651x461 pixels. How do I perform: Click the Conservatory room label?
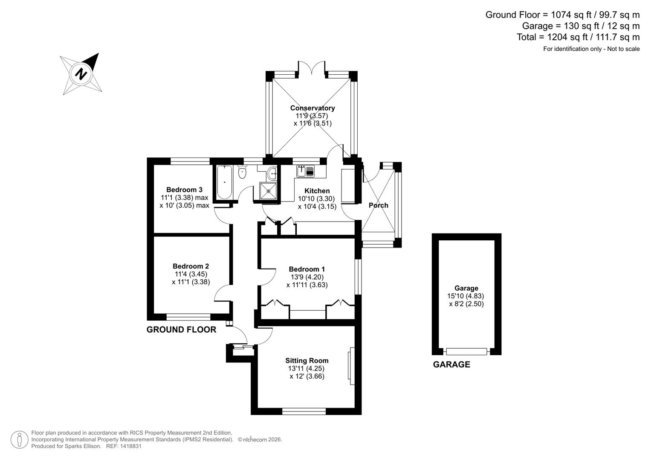click(x=312, y=108)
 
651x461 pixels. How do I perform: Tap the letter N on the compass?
click(x=81, y=74)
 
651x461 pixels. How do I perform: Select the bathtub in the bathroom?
click(x=224, y=182)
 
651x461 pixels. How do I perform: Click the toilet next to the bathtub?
click(x=242, y=172)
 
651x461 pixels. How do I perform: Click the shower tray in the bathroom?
click(x=268, y=191)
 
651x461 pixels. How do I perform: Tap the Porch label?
click(x=378, y=205)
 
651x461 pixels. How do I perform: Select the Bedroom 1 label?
click(x=307, y=269)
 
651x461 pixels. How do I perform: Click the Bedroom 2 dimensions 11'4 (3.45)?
click(x=191, y=274)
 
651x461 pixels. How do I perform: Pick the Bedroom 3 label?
click(x=184, y=190)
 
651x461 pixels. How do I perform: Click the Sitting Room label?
click(x=307, y=360)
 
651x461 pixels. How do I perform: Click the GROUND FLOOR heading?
click(x=181, y=330)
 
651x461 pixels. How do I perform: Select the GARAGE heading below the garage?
click(x=451, y=365)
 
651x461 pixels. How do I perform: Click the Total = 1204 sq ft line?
click(x=578, y=37)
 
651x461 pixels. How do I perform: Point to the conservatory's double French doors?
click(x=312, y=68)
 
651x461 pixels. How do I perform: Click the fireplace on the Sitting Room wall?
click(x=352, y=366)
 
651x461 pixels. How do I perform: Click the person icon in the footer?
click(x=19, y=440)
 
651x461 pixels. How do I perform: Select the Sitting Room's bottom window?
click(x=304, y=411)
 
